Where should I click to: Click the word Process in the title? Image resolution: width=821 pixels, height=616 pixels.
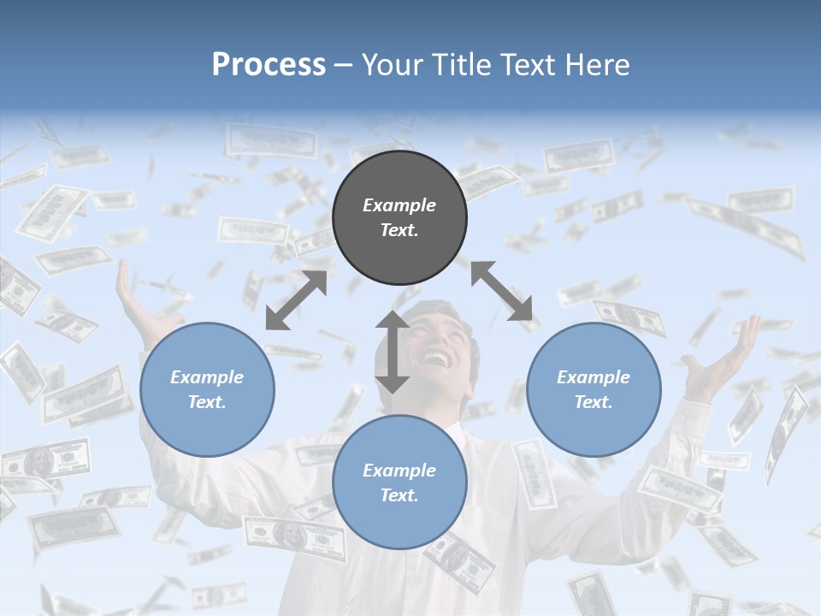269,65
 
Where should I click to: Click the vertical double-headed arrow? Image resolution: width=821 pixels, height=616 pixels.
393,352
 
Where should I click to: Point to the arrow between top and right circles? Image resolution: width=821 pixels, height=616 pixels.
501,292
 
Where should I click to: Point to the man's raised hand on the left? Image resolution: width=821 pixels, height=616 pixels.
137,299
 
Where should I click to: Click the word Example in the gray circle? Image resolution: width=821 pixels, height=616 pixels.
399,205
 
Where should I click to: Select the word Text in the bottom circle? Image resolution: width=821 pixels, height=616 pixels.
398,495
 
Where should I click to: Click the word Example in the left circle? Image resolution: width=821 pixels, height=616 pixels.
207,377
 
